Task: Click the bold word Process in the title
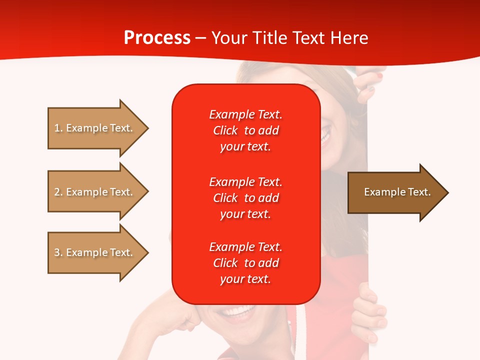click(157, 37)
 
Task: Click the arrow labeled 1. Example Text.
click(95, 128)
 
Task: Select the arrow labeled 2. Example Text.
click(95, 192)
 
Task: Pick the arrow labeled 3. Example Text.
click(95, 252)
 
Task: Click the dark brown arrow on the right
click(395, 192)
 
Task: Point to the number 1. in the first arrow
click(58, 128)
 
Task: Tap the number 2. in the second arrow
click(58, 192)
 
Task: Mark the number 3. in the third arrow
click(58, 252)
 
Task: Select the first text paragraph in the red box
click(245, 130)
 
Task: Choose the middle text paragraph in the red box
click(245, 198)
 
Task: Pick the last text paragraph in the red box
click(245, 263)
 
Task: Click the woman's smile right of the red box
click(326, 135)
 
